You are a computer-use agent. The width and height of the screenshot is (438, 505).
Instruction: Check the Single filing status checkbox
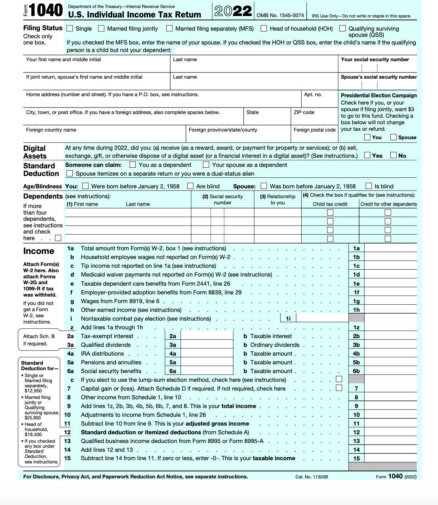point(70,28)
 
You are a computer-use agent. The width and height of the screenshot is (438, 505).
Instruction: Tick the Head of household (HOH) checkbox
point(264,28)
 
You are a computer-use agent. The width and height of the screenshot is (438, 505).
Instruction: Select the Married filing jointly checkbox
point(101,28)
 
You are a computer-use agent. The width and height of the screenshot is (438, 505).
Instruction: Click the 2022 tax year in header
point(233,11)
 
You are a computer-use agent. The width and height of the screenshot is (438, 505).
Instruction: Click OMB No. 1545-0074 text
point(280,15)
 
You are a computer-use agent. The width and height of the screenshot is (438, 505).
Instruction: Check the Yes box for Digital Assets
point(367,155)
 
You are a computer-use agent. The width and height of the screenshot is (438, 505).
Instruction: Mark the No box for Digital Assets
point(393,155)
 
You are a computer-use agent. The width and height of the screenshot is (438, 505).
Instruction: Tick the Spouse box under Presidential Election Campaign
point(393,137)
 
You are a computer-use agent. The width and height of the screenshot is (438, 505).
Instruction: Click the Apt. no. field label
point(313,95)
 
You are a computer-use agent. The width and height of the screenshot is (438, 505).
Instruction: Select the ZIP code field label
point(304,112)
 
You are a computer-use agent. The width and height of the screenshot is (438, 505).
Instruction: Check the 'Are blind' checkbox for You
point(190,186)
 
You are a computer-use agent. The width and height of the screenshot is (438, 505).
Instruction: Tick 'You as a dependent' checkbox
point(133,165)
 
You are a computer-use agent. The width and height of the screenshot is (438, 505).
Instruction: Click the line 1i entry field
point(322,318)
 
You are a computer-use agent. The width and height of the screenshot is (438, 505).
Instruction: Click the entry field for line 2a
point(207,336)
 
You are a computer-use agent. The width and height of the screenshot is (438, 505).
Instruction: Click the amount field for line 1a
point(390,248)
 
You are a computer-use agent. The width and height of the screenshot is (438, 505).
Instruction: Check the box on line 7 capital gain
point(339,388)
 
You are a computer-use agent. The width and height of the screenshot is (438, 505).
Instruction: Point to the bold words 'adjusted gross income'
point(217,423)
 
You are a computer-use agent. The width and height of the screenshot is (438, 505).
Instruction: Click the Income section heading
point(39,251)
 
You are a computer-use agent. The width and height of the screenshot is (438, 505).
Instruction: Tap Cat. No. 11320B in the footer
point(311,477)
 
